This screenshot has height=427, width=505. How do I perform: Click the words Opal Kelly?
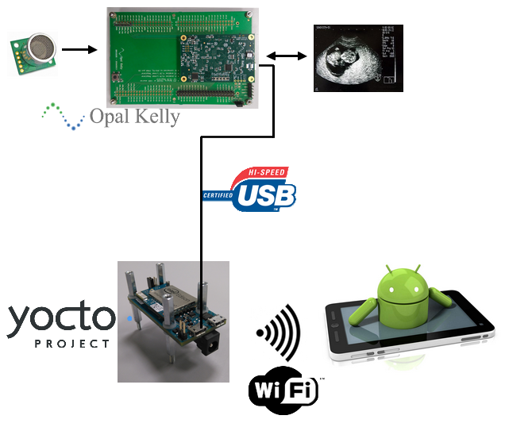pos(134,117)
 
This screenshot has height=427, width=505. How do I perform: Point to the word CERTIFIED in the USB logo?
pos(218,195)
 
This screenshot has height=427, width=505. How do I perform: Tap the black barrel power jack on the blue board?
pos(210,343)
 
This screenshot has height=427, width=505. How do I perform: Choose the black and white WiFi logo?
pos(283,390)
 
